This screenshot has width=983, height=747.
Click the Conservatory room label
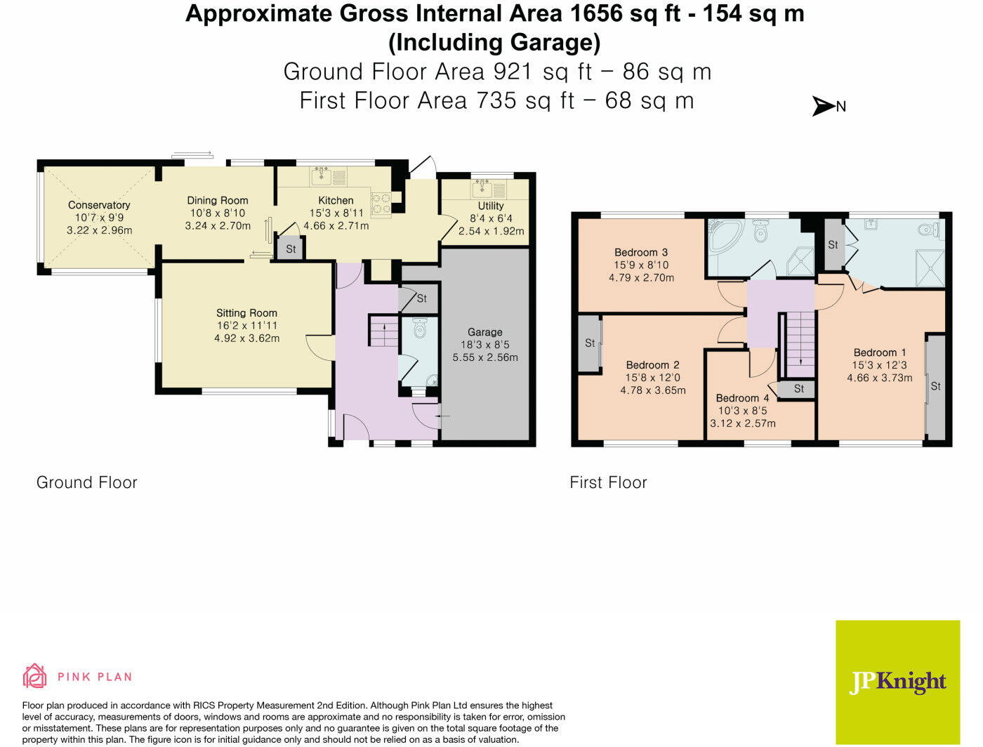(99, 205)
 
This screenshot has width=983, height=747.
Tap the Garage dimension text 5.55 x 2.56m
(485, 357)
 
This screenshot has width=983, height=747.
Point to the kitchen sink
(321, 176)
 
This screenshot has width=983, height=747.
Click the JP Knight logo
(897, 682)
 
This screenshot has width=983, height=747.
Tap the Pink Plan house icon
(34, 676)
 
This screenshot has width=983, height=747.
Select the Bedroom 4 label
(742, 398)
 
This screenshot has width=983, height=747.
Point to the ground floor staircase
(383, 330)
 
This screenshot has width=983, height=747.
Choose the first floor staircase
(800, 344)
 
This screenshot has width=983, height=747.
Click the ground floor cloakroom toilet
(420, 328)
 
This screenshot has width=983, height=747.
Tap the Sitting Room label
(246, 313)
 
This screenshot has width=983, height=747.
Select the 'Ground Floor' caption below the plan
(87, 482)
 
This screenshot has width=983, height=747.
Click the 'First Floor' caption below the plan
(608, 482)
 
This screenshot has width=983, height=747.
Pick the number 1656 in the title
(596, 13)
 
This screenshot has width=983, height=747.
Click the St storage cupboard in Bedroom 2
(589, 344)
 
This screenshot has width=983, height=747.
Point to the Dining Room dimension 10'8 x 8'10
(218, 213)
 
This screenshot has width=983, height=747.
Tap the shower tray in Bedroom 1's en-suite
(930, 267)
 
